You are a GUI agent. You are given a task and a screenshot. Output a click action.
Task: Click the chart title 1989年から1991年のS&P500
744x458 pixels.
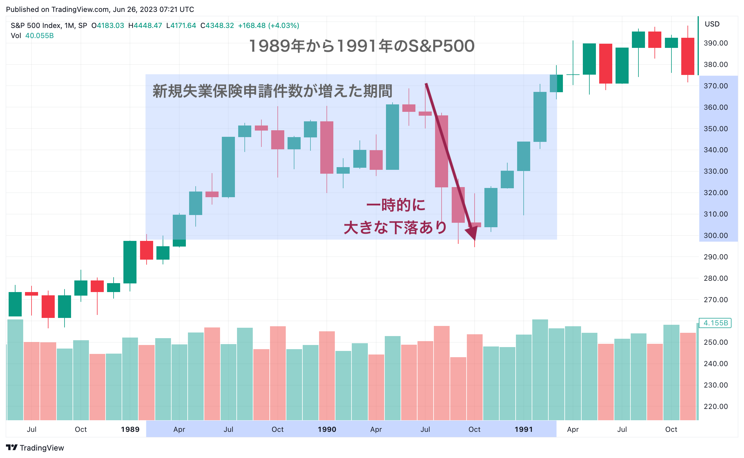(362, 46)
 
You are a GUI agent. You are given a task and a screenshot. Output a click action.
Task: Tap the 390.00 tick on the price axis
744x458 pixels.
(715, 43)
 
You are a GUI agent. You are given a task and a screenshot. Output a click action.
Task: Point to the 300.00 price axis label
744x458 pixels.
(715, 235)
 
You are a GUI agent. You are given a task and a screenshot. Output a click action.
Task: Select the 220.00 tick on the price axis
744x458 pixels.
(715, 406)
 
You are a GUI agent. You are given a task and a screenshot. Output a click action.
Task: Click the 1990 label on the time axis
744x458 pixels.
(327, 429)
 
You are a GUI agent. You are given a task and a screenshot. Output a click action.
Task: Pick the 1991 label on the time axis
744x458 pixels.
(524, 429)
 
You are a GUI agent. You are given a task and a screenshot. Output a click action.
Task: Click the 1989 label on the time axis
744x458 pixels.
(130, 429)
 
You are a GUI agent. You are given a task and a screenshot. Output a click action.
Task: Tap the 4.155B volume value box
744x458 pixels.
(715, 323)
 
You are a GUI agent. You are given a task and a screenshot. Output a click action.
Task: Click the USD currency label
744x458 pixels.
(712, 24)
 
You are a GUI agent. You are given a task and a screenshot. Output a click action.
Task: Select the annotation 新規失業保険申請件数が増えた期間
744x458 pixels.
(272, 91)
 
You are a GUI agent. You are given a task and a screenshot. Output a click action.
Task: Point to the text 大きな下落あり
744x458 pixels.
(395, 228)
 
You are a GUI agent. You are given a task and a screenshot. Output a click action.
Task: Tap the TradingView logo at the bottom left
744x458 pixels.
(35, 448)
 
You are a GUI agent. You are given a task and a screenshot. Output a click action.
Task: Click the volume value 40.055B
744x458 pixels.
(39, 36)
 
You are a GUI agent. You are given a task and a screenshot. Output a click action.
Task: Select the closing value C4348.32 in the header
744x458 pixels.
(217, 26)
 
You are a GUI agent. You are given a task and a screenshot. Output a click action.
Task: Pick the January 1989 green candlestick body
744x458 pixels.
(130, 262)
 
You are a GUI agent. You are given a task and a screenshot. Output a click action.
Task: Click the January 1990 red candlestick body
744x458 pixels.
(327, 148)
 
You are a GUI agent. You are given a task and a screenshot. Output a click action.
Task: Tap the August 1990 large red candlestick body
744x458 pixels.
(442, 151)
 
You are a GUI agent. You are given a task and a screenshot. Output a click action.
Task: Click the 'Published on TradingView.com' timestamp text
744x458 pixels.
(100, 10)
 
